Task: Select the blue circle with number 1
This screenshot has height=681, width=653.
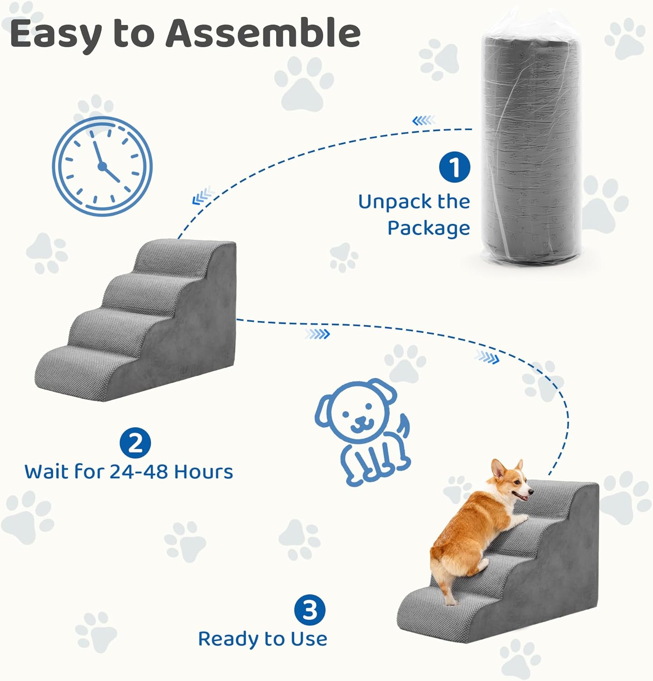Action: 455,167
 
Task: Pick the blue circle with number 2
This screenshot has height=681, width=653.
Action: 135,443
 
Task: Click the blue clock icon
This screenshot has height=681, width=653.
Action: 102,166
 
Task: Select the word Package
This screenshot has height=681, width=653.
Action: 429,228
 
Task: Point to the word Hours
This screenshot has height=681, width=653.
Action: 203,472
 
